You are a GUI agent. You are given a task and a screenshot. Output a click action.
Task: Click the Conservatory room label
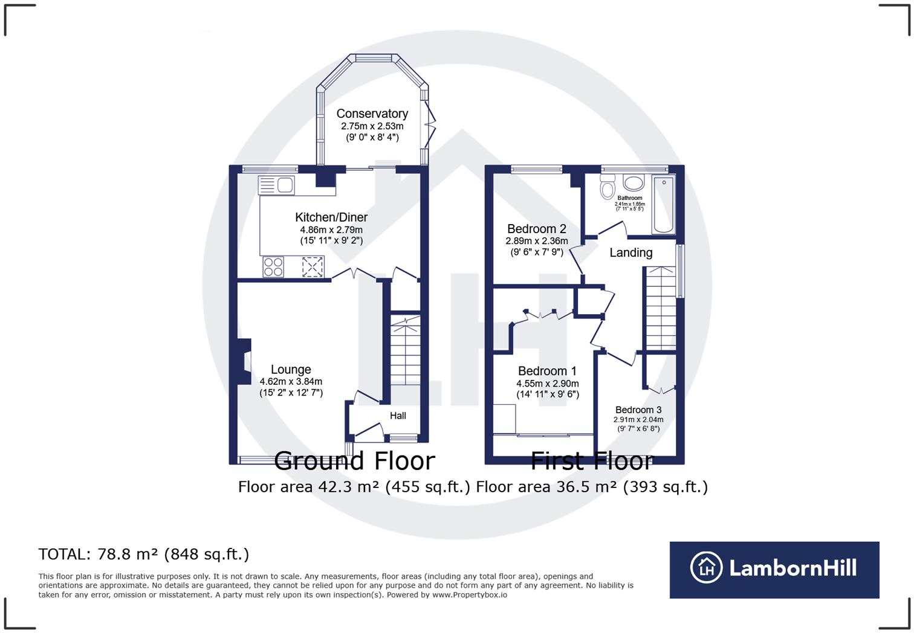coord(372,114)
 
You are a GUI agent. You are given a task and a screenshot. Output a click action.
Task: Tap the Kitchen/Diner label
coord(331,217)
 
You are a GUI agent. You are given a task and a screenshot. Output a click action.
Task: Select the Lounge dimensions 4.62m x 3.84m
coord(291,382)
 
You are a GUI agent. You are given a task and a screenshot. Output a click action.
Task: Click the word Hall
coord(398,416)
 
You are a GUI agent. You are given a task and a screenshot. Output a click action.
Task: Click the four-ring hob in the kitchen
coord(273,266)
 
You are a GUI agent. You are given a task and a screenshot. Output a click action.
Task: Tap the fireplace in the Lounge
coord(244,361)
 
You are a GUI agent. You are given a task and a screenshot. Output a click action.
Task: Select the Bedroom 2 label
coord(537,229)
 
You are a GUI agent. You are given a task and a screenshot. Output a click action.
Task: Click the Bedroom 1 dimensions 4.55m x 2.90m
coord(547,384)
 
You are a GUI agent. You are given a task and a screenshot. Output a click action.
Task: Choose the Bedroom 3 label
coord(638,410)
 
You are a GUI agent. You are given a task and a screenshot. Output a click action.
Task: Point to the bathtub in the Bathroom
coord(663,204)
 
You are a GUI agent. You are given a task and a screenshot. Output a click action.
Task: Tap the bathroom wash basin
coord(634,183)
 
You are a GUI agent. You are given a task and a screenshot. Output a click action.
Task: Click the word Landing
coord(630,252)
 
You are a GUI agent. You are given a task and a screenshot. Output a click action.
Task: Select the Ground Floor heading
coord(354,461)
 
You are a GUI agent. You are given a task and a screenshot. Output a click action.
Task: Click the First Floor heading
coord(592,461)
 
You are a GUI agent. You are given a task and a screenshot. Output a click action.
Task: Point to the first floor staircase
coord(660,308)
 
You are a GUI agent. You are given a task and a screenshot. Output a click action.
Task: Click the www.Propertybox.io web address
coord(470,595)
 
